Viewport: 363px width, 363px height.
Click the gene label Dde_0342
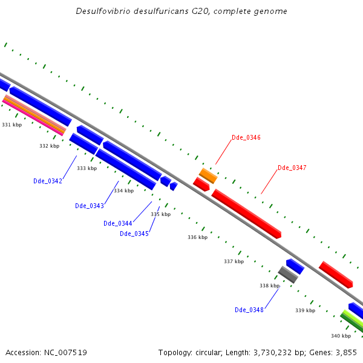(48, 181)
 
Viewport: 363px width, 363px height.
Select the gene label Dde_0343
(90, 206)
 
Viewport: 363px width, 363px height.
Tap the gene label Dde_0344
(117, 223)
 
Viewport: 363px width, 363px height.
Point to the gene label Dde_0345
(134, 234)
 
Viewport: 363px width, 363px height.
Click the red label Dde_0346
(246, 138)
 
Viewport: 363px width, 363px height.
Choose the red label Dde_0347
(292, 168)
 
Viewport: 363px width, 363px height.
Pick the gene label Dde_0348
(249, 310)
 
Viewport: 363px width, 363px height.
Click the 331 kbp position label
(11, 125)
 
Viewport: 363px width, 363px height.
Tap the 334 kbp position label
(123, 191)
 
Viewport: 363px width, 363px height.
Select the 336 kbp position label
(197, 237)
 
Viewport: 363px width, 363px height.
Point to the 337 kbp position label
(234, 261)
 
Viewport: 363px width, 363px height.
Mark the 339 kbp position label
(305, 310)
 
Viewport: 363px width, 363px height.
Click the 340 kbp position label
(341, 336)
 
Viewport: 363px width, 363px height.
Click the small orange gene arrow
(208, 175)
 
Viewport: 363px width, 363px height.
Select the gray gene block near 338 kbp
(288, 275)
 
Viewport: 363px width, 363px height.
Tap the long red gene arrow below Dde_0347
(246, 214)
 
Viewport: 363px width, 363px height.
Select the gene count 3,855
(346, 352)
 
